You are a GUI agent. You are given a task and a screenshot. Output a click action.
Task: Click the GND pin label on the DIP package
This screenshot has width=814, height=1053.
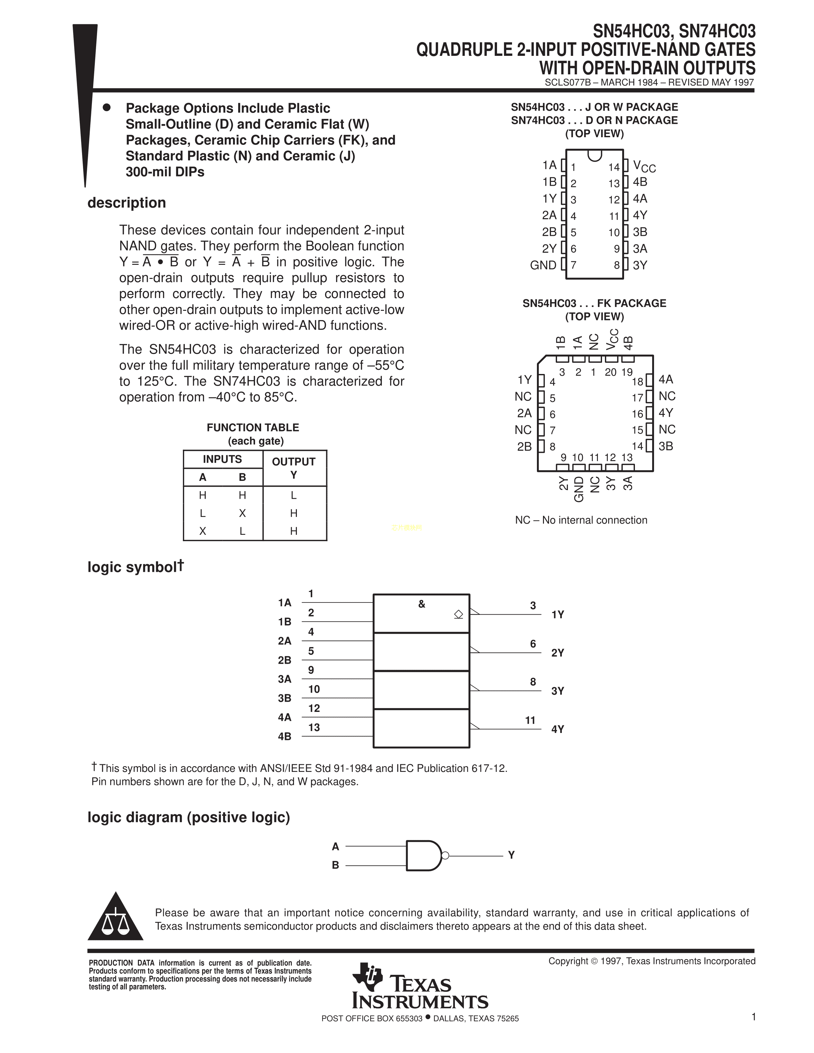(x=543, y=265)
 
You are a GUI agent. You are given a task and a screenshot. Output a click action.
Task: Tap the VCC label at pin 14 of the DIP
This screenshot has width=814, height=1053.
(x=644, y=167)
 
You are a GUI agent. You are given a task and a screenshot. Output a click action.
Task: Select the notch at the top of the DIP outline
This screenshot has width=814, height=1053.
(x=595, y=155)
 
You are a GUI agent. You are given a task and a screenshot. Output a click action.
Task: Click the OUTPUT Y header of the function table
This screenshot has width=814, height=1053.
(x=294, y=468)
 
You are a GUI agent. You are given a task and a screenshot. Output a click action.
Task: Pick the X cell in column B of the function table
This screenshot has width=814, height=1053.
(x=243, y=513)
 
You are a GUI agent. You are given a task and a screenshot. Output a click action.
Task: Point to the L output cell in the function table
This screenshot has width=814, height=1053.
(x=294, y=496)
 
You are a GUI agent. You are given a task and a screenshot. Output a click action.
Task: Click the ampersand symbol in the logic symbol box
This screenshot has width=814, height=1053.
(x=421, y=604)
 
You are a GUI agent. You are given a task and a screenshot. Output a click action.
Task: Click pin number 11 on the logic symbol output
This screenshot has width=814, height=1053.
(x=531, y=720)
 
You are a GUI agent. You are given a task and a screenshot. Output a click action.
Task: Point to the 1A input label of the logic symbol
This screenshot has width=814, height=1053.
(x=284, y=603)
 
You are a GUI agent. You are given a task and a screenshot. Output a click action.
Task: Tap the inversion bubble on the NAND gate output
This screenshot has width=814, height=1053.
(x=445, y=856)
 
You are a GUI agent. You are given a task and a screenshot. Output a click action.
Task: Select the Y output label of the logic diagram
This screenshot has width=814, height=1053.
(x=511, y=855)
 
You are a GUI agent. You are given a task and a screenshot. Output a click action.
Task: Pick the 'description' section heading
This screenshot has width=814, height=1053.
(x=126, y=203)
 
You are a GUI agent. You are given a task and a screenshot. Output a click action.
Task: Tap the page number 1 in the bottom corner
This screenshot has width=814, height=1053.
(x=753, y=1017)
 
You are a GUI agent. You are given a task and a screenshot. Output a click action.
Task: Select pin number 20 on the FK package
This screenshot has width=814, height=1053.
(x=610, y=372)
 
